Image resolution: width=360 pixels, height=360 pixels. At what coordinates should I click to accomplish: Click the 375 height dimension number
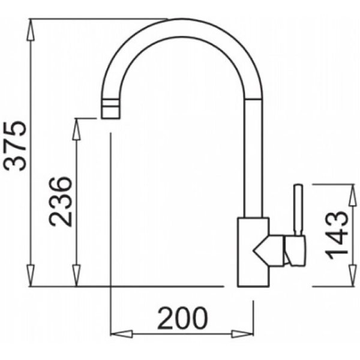pos(16,146)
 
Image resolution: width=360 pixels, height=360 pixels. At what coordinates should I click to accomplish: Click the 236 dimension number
pos(61,202)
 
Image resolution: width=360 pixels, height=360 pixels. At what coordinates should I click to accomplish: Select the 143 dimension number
pos(337,235)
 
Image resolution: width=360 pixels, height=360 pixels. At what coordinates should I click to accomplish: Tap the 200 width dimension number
pos(182,318)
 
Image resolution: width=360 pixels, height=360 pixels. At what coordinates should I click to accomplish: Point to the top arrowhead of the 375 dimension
pos(31,31)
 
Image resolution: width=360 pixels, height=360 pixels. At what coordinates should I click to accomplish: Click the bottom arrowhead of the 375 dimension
pos(31,275)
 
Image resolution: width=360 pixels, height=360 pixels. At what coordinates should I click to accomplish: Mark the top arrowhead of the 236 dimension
pos(76,129)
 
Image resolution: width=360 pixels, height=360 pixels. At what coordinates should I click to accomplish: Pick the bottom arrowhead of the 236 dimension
pos(76,275)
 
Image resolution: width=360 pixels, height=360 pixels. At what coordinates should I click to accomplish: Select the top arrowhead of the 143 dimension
pos(353,194)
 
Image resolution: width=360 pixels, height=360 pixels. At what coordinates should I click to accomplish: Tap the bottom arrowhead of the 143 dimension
pos(353,275)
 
